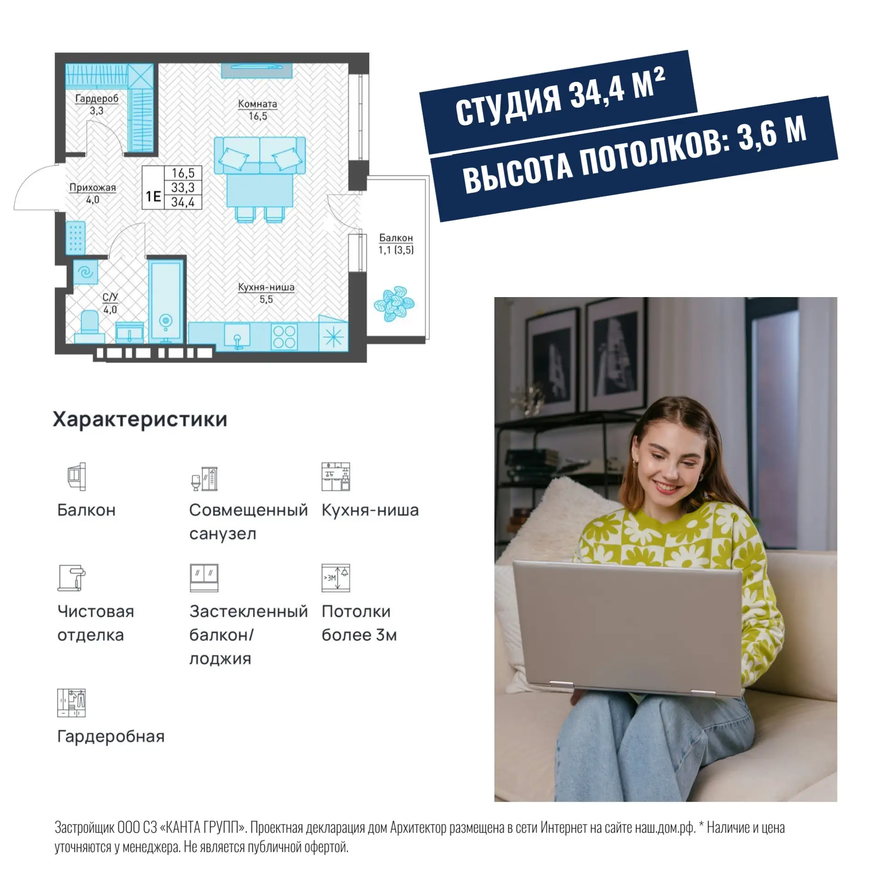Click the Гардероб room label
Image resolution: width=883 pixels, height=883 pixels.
[97, 98]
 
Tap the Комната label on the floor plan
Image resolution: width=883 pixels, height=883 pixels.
[258, 104]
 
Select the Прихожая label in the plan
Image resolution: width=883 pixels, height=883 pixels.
[92, 188]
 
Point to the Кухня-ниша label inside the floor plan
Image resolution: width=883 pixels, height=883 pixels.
[266, 287]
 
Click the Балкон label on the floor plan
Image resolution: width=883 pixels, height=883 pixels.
[396, 238]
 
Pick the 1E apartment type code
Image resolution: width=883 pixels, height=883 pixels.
[153, 197]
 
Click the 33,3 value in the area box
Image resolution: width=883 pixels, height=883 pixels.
[183, 188]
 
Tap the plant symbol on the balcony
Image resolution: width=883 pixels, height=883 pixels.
[394, 304]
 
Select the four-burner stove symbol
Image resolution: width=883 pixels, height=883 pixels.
[284, 337]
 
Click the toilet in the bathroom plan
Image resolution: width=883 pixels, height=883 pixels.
[89, 326]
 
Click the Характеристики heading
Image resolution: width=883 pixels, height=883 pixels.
[140, 419]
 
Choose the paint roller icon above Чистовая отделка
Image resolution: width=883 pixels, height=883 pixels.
[72, 578]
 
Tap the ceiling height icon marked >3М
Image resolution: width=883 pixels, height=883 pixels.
[336, 578]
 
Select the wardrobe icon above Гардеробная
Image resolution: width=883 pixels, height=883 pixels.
[72, 703]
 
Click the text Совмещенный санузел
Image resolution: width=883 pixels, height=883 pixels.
[248, 522]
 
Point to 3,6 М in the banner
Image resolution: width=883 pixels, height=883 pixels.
[772, 133]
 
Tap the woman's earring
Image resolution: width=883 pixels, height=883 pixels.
[636, 463]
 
